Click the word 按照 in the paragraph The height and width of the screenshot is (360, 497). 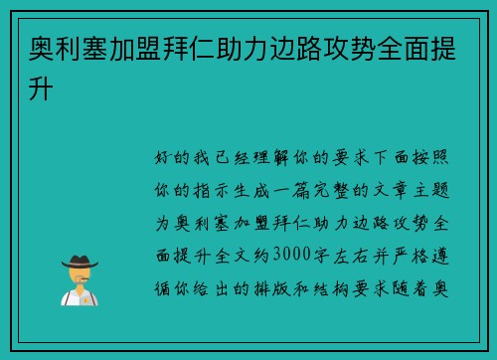[x=444, y=157]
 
